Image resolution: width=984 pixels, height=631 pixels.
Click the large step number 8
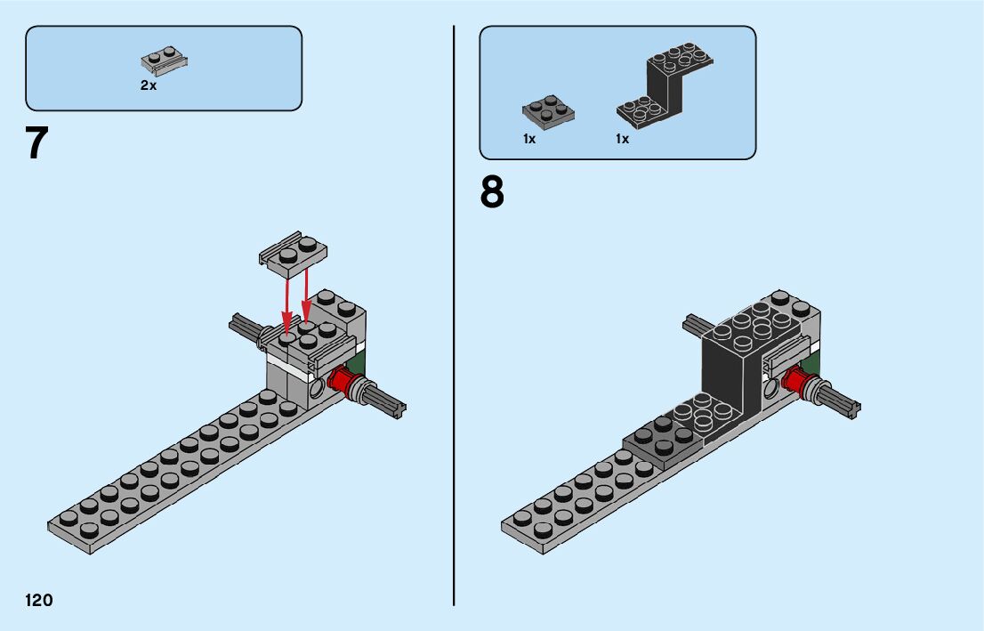(492, 192)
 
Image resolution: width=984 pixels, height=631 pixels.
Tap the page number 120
(39, 601)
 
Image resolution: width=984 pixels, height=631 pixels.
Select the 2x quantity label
(148, 86)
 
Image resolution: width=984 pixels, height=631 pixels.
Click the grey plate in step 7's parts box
(165, 61)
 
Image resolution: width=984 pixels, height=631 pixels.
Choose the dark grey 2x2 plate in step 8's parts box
(547, 112)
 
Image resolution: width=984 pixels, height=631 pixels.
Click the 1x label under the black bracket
(622, 139)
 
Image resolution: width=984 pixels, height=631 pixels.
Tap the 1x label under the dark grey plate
(529, 139)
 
